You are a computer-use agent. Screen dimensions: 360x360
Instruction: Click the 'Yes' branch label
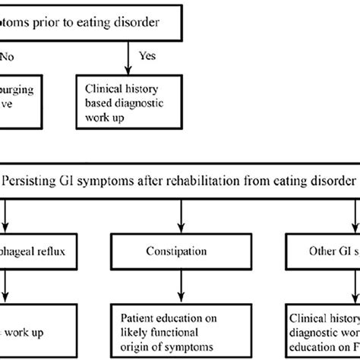coord(148,55)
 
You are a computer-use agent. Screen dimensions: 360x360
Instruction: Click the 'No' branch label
coord(7,55)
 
